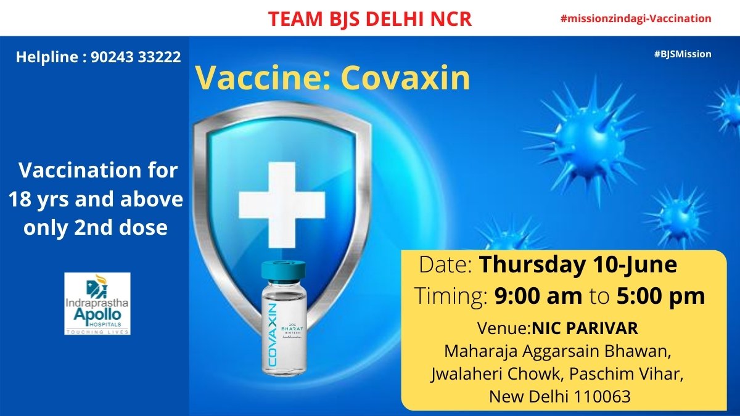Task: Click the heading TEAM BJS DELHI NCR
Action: point(370,18)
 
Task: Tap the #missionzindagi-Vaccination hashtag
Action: point(636,18)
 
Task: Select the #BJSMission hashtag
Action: point(683,54)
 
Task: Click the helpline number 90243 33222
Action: point(136,57)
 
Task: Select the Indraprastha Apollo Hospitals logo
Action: point(97,303)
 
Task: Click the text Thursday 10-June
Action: point(578,265)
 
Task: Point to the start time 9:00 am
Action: point(538,296)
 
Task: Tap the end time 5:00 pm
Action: point(660,296)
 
